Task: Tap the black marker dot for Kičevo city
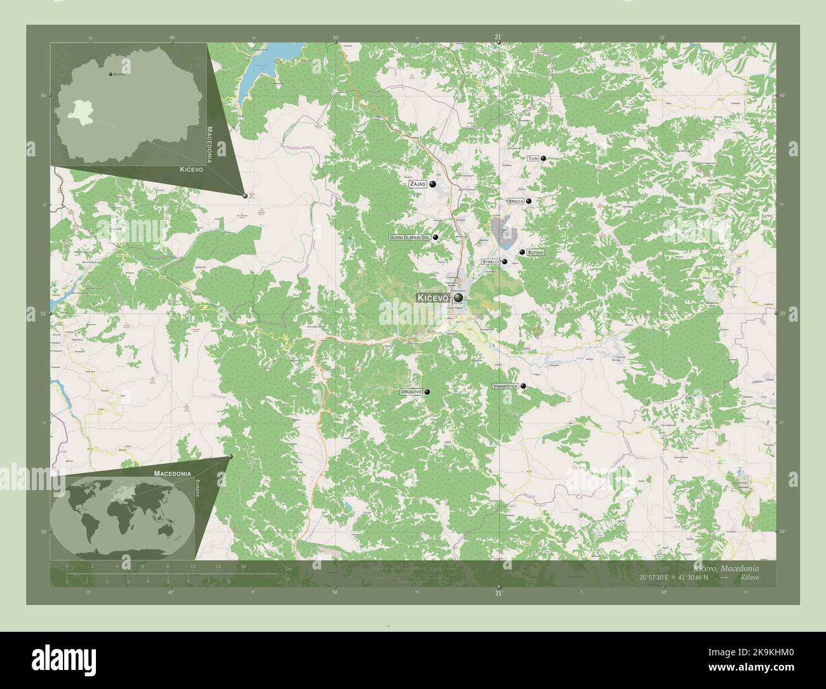pos(457,297)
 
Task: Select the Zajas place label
pos(417,184)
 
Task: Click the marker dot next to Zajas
pos(433,184)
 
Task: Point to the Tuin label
pos(532,158)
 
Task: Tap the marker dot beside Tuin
pos(544,158)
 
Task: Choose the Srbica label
pos(515,201)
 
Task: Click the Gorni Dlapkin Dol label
pos(410,237)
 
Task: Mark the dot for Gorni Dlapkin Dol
pos(436,237)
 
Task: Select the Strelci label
pos(491,261)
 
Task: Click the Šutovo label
pos(536,253)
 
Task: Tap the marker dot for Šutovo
pos(522,252)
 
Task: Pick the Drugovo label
pos(411,392)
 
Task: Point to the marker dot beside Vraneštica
pos(524,386)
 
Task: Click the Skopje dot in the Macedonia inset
pos(111,75)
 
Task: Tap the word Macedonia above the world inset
pos(172,474)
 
